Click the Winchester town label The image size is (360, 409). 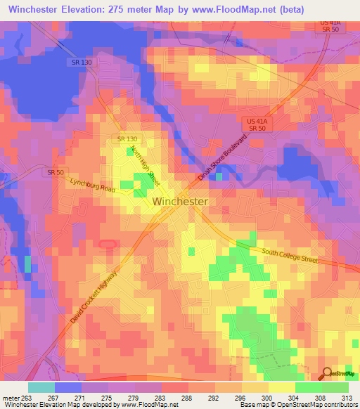180,201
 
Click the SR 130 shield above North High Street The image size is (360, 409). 128,138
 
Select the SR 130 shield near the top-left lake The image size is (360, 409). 82,63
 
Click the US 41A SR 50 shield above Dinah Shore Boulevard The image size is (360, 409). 257,125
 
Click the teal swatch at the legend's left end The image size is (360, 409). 41,387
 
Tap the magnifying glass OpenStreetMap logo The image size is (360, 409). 327,374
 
